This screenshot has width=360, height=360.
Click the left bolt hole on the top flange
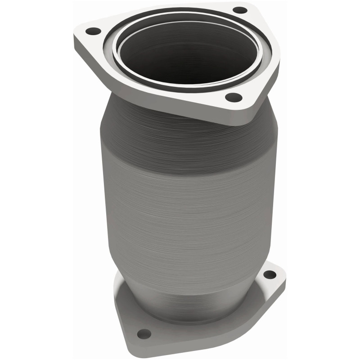(x=93, y=31)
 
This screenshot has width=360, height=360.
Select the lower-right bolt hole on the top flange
(x=233, y=96)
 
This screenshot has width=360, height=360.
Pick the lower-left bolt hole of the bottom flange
(x=143, y=333)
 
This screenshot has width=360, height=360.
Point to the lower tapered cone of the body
(x=189, y=274)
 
